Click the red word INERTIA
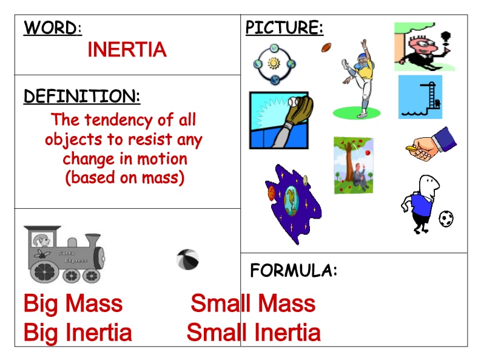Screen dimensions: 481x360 point(127,49)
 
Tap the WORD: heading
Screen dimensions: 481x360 point(53,28)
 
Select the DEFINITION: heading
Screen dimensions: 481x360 point(82,97)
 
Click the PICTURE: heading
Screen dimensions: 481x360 point(284,27)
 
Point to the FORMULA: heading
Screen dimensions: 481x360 point(294,270)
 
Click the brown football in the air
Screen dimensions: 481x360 point(326,47)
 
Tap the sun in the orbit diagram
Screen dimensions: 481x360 point(274,64)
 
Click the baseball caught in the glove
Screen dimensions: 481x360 point(293,102)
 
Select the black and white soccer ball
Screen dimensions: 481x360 point(446,219)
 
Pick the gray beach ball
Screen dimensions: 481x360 point(188,260)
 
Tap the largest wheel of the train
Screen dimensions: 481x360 point(47,272)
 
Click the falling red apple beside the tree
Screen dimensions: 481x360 point(368,152)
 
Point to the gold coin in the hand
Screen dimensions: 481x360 point(411,149)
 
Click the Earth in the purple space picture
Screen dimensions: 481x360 point(291,201)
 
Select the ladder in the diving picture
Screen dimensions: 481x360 point(432,95)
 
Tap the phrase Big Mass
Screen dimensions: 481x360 point(73,304)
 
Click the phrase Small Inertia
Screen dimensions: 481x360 point(254,332)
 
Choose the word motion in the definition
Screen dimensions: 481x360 point(162,159)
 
